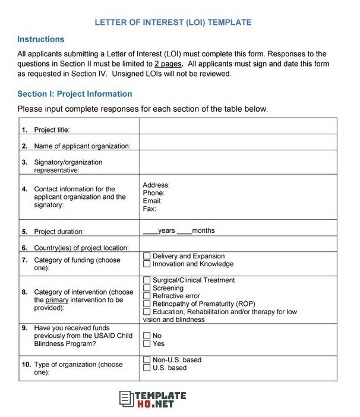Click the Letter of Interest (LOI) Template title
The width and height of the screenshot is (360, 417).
click(x=173, y=23)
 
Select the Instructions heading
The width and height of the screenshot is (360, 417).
click(x=40, y=40)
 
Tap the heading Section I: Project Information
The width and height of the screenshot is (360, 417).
click(x=74, y=94)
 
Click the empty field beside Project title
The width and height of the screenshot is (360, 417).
click(x=238, y=126)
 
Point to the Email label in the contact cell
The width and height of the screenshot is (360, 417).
click(x=152, y=201)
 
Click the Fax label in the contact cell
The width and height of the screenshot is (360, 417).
click(x=149, y=209)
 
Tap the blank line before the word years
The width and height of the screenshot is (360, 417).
click(x=150, y=230)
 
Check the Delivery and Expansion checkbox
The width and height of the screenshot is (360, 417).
click(x=147, y=257)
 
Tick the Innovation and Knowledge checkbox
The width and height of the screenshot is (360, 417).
click(x=147, y=264)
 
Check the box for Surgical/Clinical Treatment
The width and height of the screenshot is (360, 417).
click(x=147, y=280)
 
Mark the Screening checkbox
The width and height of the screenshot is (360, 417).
click(x=147, y=288)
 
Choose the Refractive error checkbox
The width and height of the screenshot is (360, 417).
click(x=147, y=296)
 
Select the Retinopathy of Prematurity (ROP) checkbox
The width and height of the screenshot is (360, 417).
click(x=147, y=304)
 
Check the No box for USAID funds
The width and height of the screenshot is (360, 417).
click(x=147, y=336)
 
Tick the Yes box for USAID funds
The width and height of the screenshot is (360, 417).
click(x=147, y=344)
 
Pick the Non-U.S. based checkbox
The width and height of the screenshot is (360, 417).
click(x=147, y=360)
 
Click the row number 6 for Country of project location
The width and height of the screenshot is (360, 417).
click(x=24, y=248)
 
